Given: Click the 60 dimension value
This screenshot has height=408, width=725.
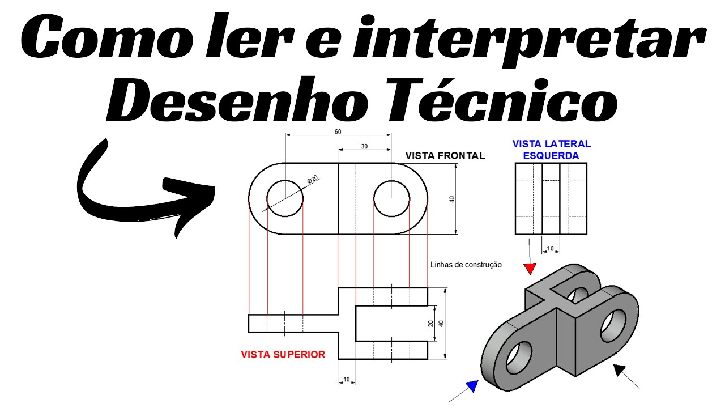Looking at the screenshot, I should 338,131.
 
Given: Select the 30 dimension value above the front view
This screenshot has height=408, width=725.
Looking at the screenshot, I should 364,146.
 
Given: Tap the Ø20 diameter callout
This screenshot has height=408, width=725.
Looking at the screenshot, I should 313,180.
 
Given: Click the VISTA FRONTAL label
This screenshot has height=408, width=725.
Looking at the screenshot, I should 445,155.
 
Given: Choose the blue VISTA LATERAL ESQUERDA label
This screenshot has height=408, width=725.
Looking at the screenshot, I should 551,150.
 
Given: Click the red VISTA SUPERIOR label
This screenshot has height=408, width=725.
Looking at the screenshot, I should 283,355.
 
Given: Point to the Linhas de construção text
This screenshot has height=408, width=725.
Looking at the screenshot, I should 466,265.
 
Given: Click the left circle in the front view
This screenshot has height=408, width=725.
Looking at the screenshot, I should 285,198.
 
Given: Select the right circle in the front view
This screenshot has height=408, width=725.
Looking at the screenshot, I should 391,198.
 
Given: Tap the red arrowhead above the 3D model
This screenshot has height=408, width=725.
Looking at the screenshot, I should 530,267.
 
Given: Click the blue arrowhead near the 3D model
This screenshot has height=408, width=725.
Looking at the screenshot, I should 471,387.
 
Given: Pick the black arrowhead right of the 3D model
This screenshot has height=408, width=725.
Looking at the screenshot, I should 621,371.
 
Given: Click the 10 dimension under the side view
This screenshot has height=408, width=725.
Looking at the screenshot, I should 551,248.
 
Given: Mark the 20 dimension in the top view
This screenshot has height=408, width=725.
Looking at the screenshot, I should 431,324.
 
